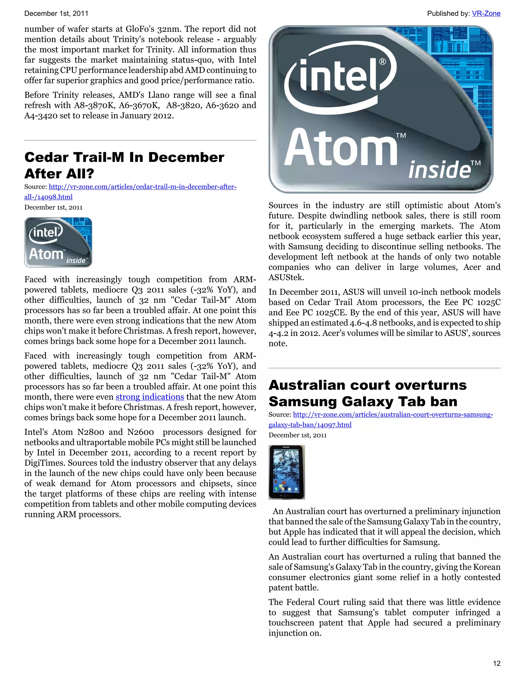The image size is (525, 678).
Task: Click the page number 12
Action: click(497, 663)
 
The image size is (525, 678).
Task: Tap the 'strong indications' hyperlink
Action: click(150, 397)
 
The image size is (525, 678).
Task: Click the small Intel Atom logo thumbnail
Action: click(58, 242)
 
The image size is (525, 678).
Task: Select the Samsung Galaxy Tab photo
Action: click(287, 472)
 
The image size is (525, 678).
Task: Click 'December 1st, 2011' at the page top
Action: click(56, 13)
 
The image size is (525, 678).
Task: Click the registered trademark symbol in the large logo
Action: click(382, 62)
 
